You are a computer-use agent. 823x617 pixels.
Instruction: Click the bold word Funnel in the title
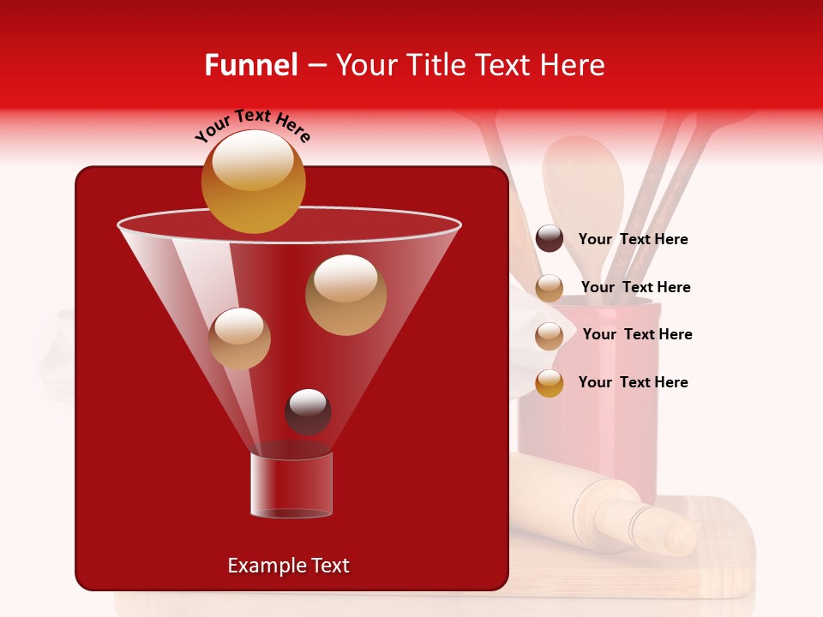pos(251,65)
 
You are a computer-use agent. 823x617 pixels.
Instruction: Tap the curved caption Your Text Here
pos(253,125)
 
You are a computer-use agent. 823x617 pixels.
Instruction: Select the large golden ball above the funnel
pos(253,181)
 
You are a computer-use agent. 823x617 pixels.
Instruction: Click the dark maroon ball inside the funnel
pos(308,411)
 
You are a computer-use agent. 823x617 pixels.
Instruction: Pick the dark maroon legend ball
pos(550,239)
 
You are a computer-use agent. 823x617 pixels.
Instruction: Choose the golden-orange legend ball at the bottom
pos(550,383)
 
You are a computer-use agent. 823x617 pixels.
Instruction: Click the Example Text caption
pos(288,566)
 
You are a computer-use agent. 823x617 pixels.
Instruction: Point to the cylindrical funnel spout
pos(291,485)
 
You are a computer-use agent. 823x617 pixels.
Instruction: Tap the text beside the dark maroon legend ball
pos(633,240)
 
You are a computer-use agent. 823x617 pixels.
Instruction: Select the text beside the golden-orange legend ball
pos(633,382)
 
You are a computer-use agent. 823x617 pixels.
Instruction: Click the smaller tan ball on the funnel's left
pos(240,338)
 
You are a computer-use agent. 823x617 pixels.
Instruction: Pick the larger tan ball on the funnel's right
pos(345,295)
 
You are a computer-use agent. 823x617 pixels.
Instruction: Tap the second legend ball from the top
pos(550,288)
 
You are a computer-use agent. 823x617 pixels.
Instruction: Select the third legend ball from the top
pos(550,335)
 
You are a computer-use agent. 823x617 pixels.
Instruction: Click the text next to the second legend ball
pos(635,288)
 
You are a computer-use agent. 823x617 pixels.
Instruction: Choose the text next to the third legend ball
pos(637,335)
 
